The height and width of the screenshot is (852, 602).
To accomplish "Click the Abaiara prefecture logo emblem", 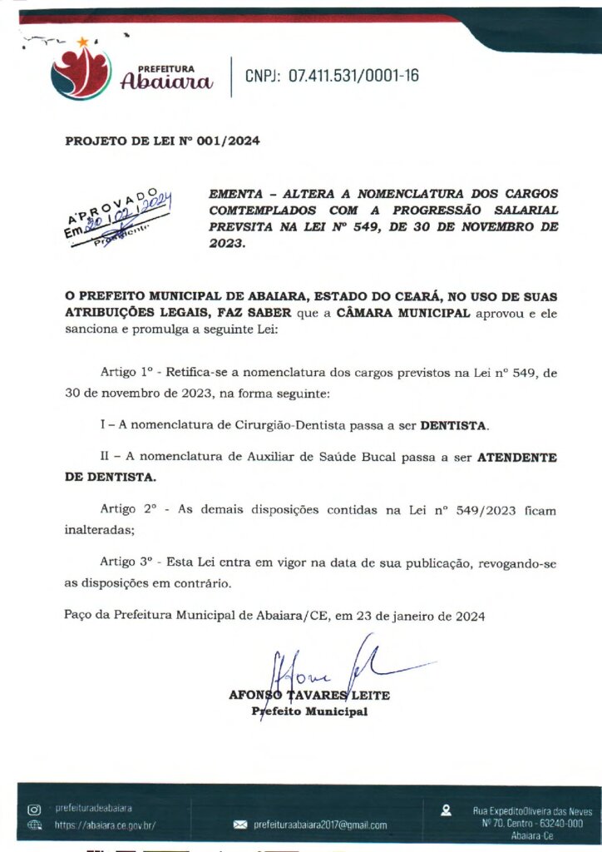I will point(80,72).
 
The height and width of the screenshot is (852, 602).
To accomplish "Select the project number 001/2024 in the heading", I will point(227,141).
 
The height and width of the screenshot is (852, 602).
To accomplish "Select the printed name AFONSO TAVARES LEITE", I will point(308,696).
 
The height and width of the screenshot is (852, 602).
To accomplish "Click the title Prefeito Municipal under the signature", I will point(309,712).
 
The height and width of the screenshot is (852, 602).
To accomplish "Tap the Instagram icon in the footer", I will point(34,809).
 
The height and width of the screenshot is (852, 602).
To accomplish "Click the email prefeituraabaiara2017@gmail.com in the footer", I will point(320,825).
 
